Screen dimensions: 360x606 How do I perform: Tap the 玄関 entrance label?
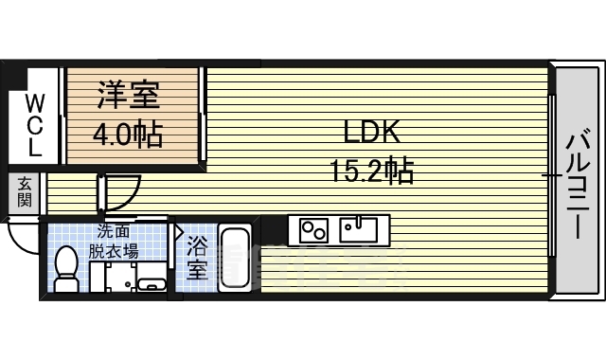click(24, 193)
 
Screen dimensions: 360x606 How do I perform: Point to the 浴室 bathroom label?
click(197, 257)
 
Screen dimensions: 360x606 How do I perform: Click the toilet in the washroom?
click(66, 269)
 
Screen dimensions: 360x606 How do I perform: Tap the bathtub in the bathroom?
click(234, 261)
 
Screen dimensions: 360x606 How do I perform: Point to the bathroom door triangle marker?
click(177, 230)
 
